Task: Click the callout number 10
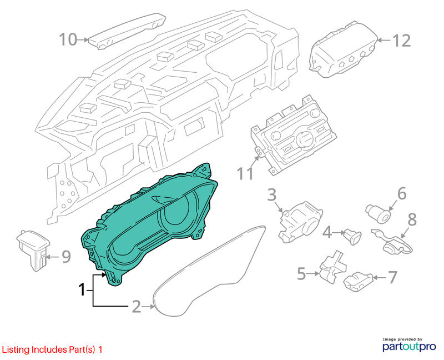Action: coord(68,39)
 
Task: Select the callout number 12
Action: coord(401,41)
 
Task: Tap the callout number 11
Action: coord(245,173)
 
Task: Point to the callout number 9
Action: coord(66,257)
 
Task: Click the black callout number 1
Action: coord(82,289)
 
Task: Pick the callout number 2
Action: coord(137,307)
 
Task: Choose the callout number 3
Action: coord(272,195)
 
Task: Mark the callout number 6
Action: coord(402,193)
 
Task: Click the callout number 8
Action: coord(412,219)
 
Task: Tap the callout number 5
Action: coord(301,274)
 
